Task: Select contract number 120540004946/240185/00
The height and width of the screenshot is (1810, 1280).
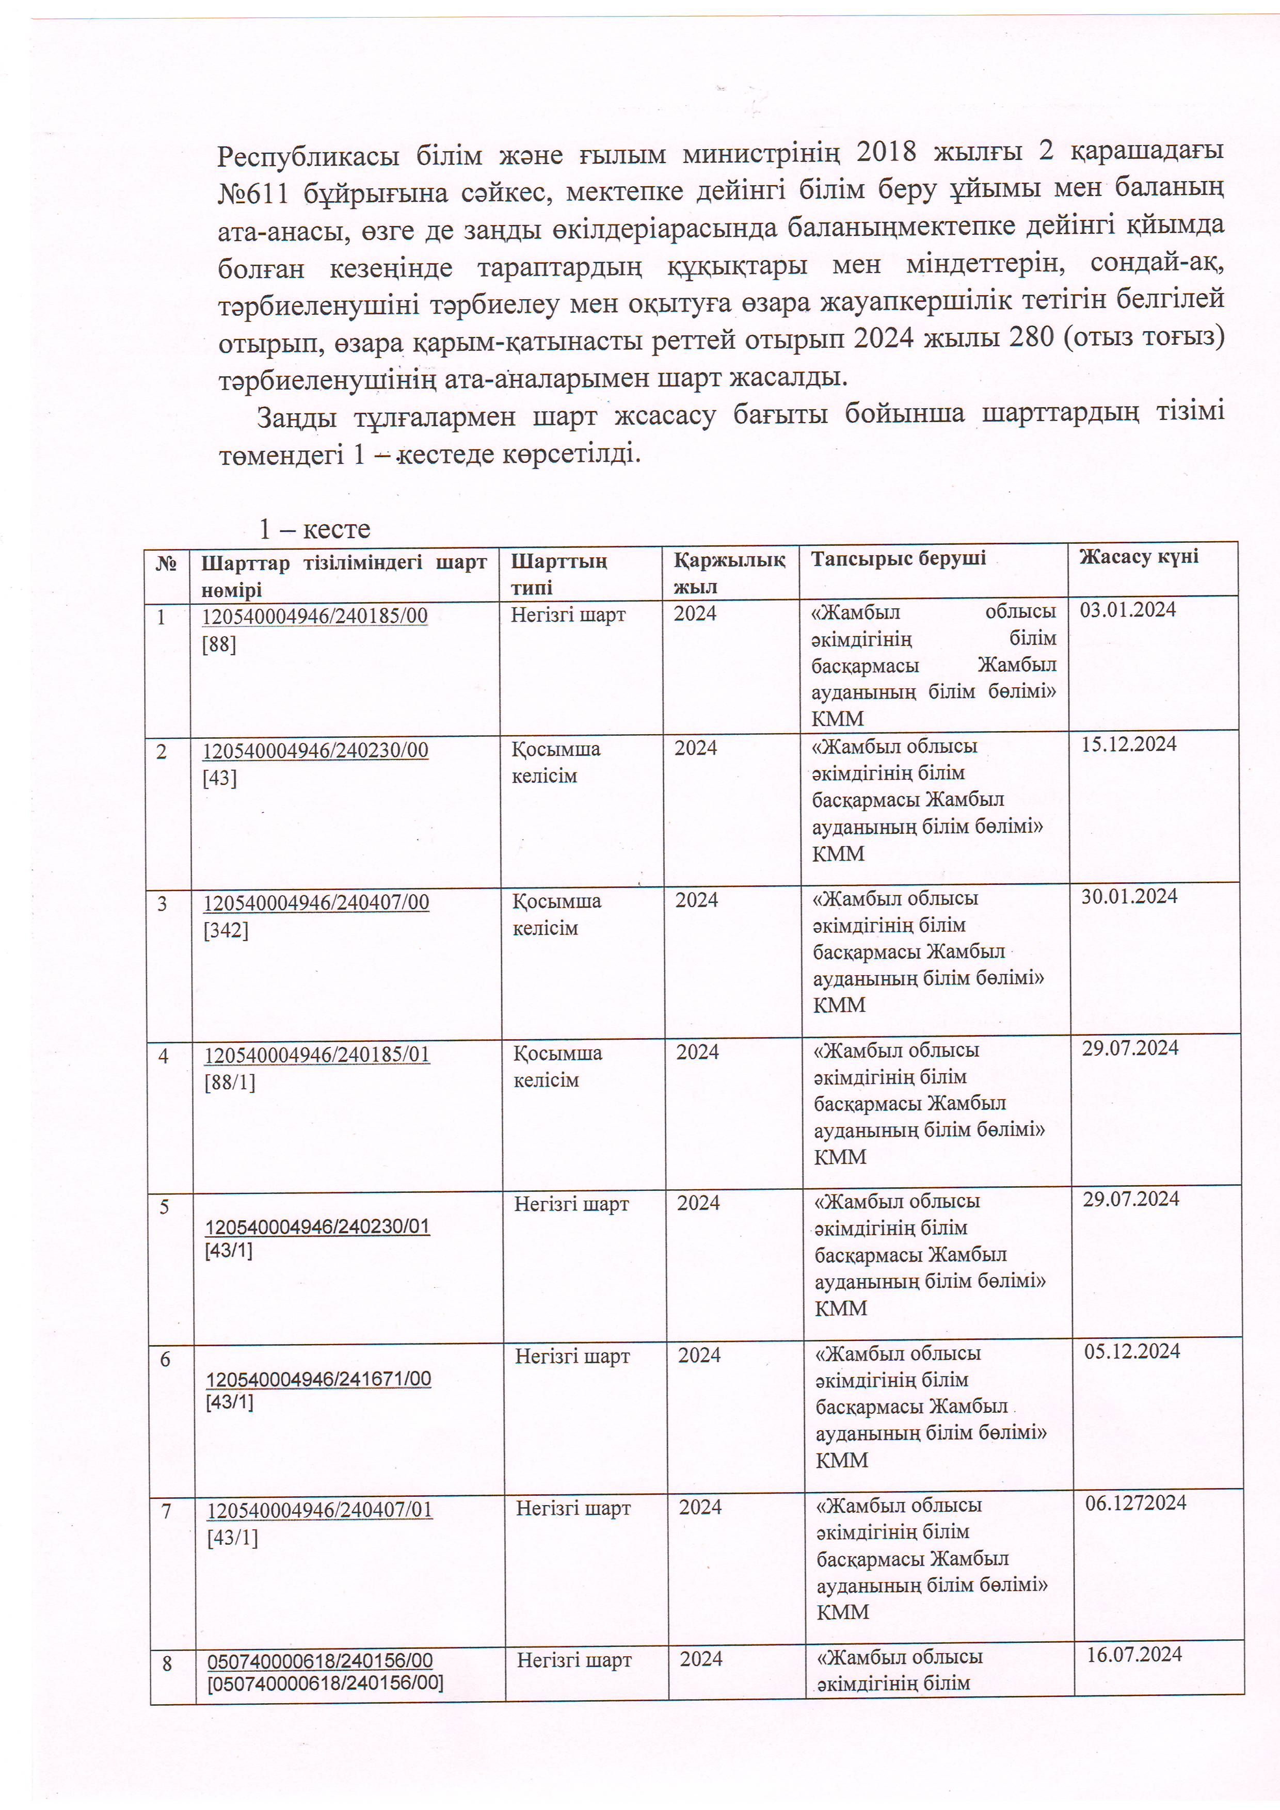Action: pyautogui.click(x=315, y=616)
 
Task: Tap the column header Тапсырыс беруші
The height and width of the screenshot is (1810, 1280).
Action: pyautogui.click(x=898, y=558)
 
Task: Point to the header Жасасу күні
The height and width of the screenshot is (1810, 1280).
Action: pyautogui.click(x=1138, y=557)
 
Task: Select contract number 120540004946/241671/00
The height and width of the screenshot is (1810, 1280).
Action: pyautogui.click(x=318, y=1379)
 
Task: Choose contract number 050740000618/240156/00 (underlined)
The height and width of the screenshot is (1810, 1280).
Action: pyautogui.click(x=320, y=1660)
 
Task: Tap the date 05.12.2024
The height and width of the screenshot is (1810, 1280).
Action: pyautogui.click(x=1132, y=1351)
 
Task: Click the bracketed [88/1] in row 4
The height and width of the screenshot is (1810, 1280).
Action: pyautogui.click(x=230, y=1082)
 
